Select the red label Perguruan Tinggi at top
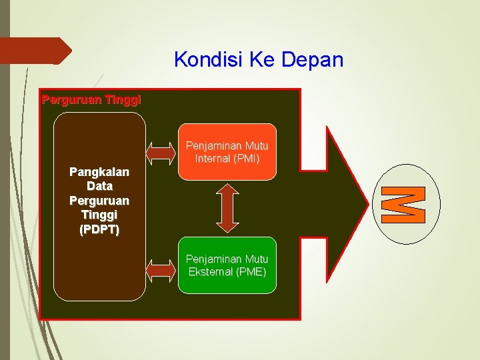tap(91, 100)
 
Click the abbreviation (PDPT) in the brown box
tap(99, 230)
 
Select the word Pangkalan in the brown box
tap(99, 171)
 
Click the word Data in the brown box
tap(99, 186)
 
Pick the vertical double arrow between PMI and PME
tap(227, 208)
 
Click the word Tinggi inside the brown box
tap(99, 215)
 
